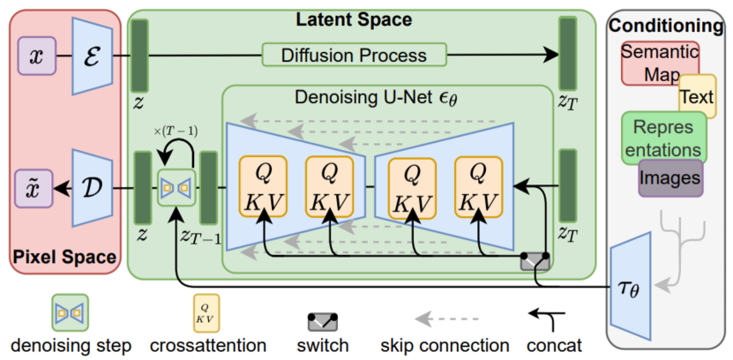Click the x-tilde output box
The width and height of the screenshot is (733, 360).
pos(35,188)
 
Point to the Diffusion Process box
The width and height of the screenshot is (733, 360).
pos(353,55)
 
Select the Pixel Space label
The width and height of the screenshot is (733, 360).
pos(64,258)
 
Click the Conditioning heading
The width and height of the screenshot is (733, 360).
pos(668,26)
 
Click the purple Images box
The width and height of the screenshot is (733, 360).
pos(671,177)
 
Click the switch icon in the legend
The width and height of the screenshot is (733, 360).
pos(324,319)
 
